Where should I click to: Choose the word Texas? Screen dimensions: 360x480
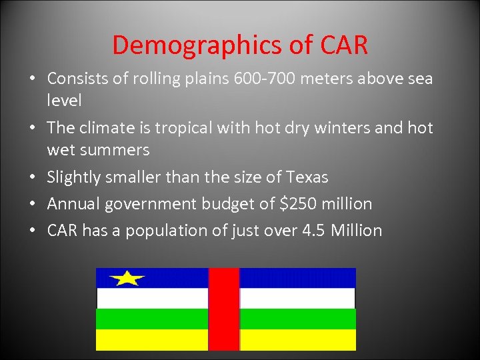[x=307, y=177]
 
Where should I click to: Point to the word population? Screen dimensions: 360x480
[x=163, y=231]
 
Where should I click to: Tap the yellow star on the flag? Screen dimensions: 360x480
[x=127, y=277]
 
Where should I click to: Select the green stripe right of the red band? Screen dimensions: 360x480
[x=297, y=319]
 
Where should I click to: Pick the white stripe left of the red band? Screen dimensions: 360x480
[x=153, y=298]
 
